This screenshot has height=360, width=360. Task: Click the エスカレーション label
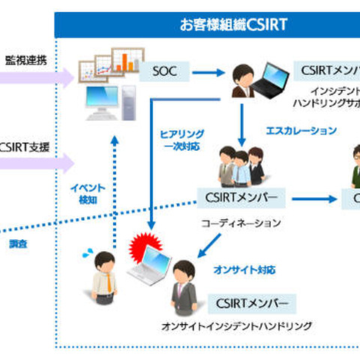(x=301, y=130)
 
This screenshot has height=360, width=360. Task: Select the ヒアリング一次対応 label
(x=181, y=139)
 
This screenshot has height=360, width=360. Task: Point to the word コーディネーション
(x=240, y=223)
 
